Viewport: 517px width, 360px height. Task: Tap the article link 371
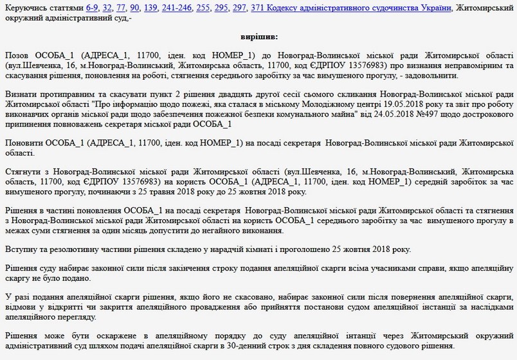point(258,8)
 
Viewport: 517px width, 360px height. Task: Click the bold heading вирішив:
point(258,38)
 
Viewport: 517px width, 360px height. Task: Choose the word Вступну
point(21,249)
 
